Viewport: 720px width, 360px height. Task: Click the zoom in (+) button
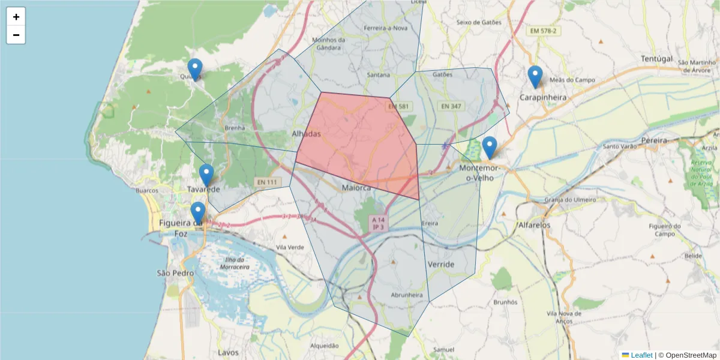coord(16,17)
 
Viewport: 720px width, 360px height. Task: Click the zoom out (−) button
coord(16,35)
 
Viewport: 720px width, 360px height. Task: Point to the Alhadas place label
coord(306,133)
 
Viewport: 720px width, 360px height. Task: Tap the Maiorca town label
coord(356,188)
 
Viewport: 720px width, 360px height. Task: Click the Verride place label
coord(441,264)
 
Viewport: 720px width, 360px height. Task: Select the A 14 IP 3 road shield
coord(378,223)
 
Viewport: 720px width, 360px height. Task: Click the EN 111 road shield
coord(268,182)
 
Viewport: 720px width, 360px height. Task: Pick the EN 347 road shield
coord(451,106)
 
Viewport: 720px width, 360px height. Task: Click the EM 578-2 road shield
coord(543,30)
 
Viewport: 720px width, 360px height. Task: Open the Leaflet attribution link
coord(641,355)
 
